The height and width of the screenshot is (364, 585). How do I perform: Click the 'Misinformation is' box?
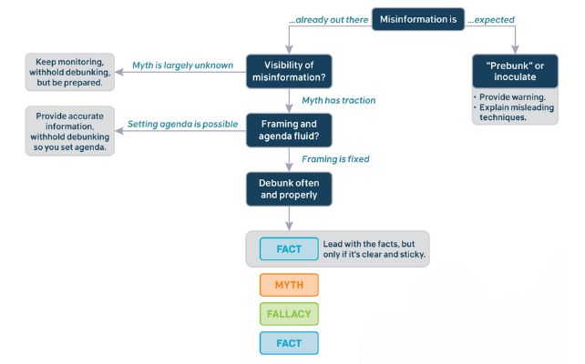(416, 17)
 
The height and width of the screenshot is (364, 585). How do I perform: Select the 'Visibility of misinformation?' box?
(288, 71)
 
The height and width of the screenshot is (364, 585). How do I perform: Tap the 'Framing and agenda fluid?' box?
(288, 129)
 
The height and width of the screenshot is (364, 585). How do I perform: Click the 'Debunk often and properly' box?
(288, 188)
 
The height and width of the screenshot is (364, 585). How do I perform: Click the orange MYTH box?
(289, 285)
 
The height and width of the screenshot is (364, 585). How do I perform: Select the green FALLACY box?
(289, 314)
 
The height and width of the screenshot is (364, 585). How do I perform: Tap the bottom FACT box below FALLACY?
(289, 342)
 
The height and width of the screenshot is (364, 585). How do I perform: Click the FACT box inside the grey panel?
(289, 248)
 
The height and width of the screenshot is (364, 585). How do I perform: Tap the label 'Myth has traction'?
(337, 100)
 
